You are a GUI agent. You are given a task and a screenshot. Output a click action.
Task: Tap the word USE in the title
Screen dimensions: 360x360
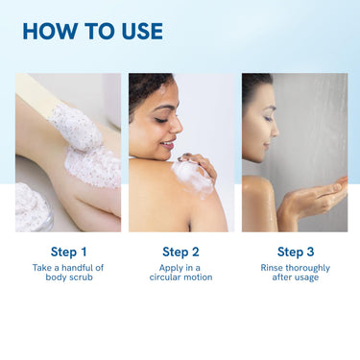coord(142,31)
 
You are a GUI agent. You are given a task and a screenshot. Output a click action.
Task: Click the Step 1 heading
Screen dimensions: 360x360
coord(68,252)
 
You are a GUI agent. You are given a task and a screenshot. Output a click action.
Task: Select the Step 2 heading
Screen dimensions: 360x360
coord(180,252)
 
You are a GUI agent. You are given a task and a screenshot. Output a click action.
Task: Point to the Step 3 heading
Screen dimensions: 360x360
coord(296,252)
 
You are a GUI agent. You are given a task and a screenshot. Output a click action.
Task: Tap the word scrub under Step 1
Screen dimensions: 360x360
coord(81,277)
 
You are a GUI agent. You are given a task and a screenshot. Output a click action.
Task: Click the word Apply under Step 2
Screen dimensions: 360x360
coord(171,268)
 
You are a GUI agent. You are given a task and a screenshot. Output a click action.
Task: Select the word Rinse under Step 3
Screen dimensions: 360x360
coord(272,268)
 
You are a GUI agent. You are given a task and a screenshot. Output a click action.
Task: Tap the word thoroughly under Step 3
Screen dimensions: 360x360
coord(307,268)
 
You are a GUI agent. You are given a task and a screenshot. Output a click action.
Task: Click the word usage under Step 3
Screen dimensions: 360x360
coord(307,277)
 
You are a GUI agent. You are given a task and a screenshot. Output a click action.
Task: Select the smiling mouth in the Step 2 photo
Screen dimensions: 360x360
coord(168,145)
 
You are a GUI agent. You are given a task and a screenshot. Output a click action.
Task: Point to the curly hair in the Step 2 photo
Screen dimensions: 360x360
coord(146,88)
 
